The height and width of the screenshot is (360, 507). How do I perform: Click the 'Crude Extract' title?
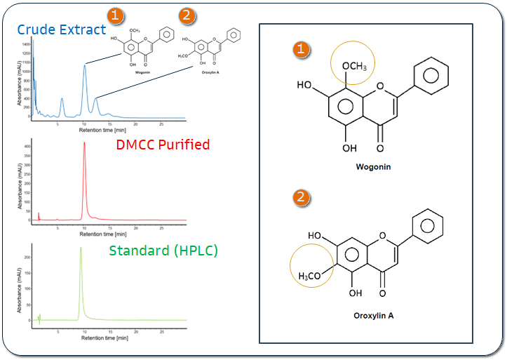pyautogui.click(x=62, y=29)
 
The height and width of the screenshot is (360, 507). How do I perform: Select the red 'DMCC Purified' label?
pyautogui.click(x=162, y=145)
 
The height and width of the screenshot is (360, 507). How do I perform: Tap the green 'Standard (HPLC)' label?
pyautogui.click(x=163, y=250)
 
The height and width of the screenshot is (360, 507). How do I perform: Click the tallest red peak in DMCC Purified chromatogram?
pyautogui.click(x=85, y=145)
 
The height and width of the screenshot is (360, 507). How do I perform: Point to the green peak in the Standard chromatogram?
pyautogui.click(x=81, y=248)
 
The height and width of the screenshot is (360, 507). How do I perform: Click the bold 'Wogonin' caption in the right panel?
pyautogui.click(x=373, y=167)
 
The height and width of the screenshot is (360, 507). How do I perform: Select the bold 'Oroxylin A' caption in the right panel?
pyautogui.click(x=373, y=316)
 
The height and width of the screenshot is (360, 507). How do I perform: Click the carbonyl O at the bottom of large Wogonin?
pyautogui.click(x=380, y=148)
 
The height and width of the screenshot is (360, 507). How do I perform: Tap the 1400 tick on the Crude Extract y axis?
pyautogui.click(x=26, y=44)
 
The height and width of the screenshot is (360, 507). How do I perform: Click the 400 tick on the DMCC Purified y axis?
pyautogui.click(x=27, y=146)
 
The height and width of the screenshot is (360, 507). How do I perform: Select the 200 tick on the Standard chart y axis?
pyautogui.click(x=27, y=258)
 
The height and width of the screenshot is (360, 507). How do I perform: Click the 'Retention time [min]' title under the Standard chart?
pyautogui.click(x=104, y=338)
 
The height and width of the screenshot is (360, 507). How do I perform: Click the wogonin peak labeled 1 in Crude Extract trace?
pyautogui.click(x=85, y=66)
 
